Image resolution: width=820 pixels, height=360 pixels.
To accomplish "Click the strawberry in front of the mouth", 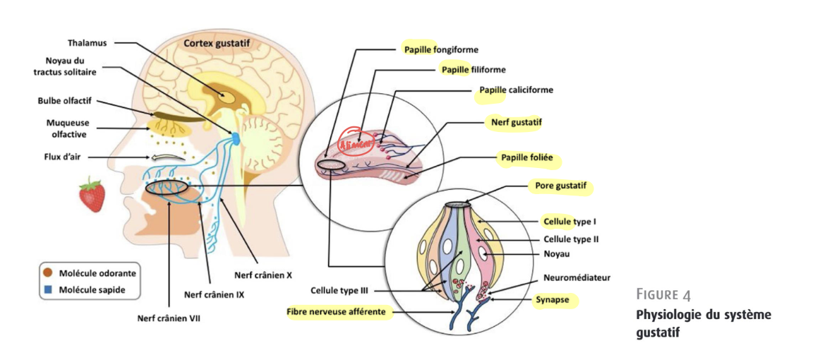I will click(92, 195).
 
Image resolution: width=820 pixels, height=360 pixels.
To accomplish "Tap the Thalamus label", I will click(88, 42).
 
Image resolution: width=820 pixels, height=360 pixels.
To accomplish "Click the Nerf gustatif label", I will click(515, 122).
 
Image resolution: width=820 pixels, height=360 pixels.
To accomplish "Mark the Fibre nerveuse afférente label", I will click(339, 311).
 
